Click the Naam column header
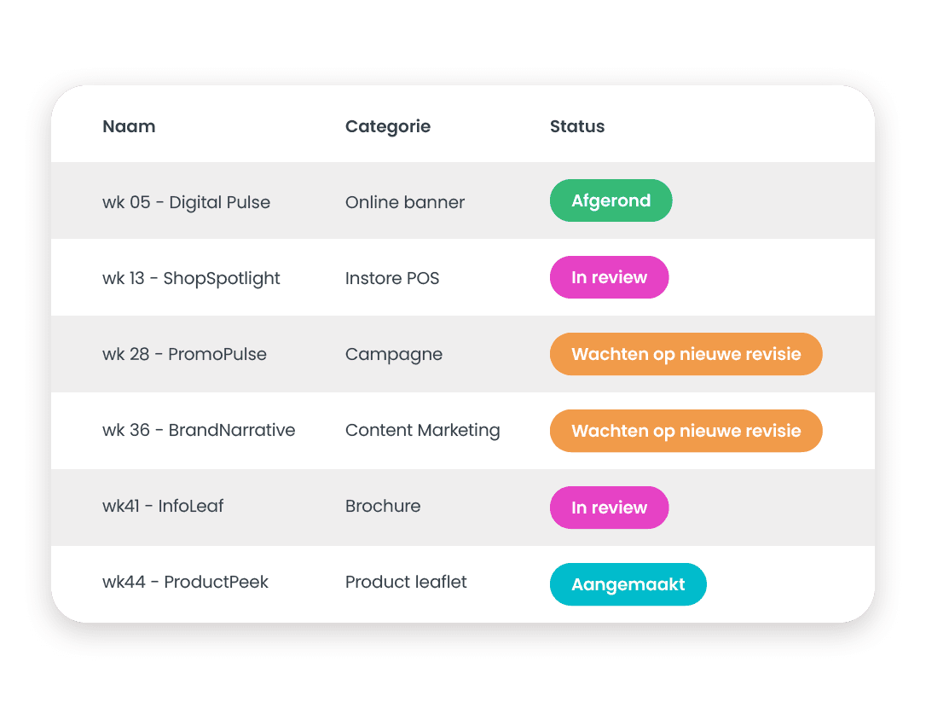tap(129, 126)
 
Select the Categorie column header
tap(388, 126)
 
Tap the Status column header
tap(577, 126)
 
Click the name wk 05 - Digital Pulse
tap(186, 202)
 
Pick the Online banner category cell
tap(405, 202)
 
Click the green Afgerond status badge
tap(611, 200)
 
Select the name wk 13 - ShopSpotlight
tap(191, 278)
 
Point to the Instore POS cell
tap(392, 278)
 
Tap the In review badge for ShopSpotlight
tap(609, 277)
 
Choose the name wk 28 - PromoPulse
tap(184, 354)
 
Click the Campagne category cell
tap(394, 354)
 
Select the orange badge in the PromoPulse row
tap(686, 354)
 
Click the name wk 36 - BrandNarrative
tap(199, 430)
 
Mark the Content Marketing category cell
tap(422, 430)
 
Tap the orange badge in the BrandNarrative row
tap(686, 431)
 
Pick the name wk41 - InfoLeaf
tap(163, 506)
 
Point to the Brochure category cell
tap(383, 506)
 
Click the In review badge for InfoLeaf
tap(609, 508)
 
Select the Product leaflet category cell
tap(406, 582)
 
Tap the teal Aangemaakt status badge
tap(628, 584)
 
